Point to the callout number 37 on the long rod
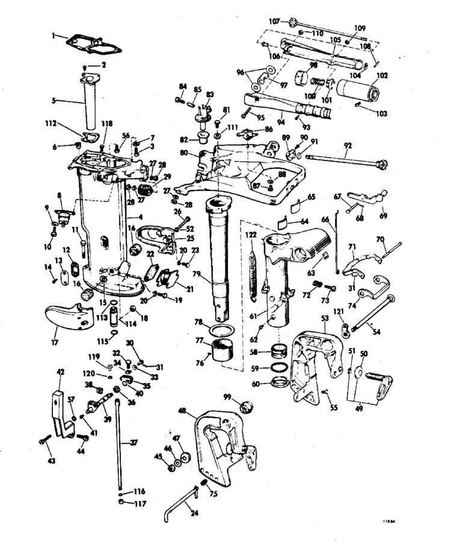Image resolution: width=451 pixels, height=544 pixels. click(x=133, y=442)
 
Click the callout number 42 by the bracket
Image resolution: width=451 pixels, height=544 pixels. click(x=60, y=373)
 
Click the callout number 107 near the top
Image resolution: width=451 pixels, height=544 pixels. click(x=275, y=20)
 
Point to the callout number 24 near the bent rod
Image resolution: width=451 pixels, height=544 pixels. click(x=194, y=513)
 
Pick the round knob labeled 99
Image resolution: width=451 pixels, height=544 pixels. click(x=245, y=408)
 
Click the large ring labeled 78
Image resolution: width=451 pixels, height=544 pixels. click(x=222, y=331)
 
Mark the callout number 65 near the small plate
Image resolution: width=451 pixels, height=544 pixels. click(x=311, y=197)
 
